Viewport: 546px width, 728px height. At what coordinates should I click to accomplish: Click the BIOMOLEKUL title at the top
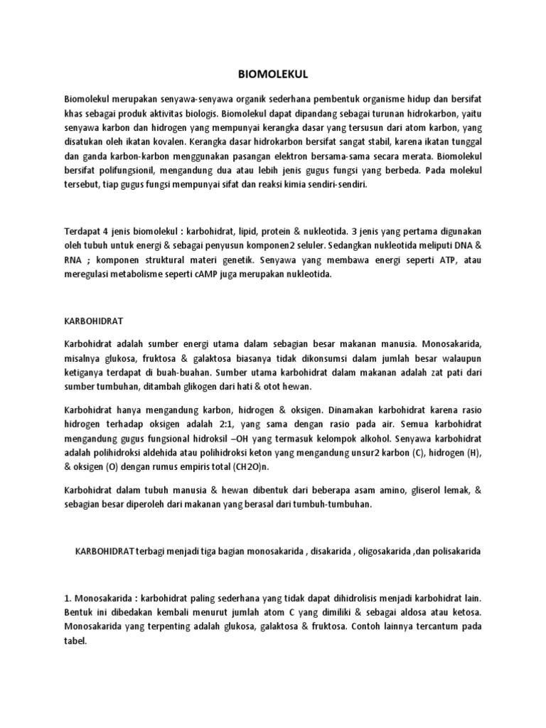click(x=272, y=73)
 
